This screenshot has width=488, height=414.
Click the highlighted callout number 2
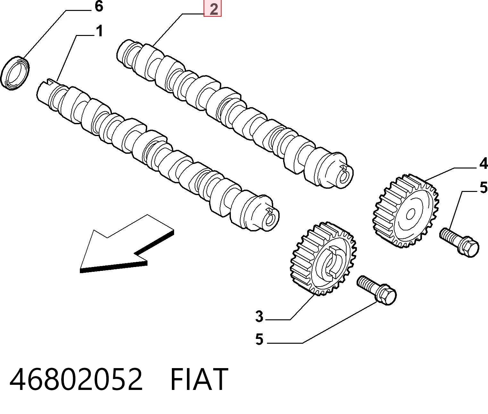[x=213, y=9]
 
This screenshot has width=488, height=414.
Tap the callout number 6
[x=99, y=6]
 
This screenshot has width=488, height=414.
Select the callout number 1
[x=100, y=31]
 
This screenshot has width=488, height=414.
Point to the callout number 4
[x=483, y=164]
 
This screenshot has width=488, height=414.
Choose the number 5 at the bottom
[x=259, y=339]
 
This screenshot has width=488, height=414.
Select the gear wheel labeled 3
[x=323, y=259]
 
